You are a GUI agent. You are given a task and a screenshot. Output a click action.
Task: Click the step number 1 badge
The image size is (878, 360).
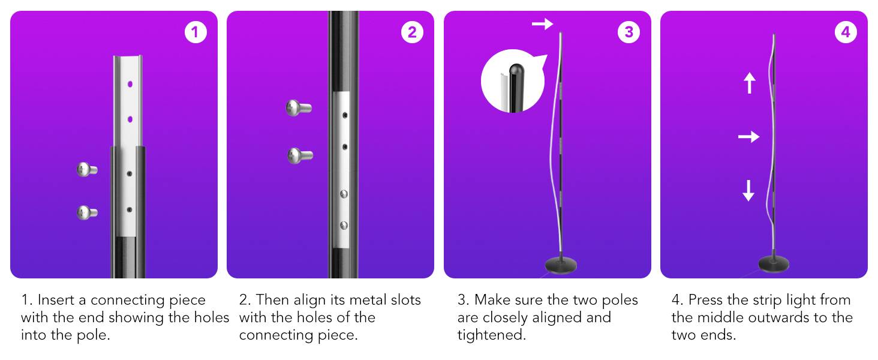(x=195, y=32)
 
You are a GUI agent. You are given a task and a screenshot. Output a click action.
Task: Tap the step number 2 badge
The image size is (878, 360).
(x=412, y=32)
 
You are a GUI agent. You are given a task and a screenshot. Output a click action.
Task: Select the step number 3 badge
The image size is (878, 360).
(x=629, y=32)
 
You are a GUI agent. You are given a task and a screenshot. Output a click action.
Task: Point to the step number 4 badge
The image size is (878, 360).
(x=846, y=32)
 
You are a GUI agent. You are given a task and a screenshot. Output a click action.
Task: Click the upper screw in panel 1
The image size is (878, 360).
(x=87, y=170)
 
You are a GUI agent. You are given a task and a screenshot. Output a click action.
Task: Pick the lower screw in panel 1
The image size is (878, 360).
(x=87, y=212)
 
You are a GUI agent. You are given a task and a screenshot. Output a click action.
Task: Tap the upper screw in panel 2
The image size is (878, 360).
(x=298, y=109)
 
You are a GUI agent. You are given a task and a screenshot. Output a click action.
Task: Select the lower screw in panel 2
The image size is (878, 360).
(x=299, y=155)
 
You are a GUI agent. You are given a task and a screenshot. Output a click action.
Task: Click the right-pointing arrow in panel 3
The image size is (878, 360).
(x=542, y=24)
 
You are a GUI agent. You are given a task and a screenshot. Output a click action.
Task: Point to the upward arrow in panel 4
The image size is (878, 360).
(x=749, y=83)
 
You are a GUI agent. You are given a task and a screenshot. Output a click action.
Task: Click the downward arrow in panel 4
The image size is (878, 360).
(x=748, y=190)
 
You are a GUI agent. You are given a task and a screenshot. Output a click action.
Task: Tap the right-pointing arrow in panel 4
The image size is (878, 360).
(x=748, y=137)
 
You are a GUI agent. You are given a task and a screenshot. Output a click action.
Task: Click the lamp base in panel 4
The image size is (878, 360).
(x=774, y=265)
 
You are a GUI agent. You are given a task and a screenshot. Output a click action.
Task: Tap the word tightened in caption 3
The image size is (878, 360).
(x=491, y=335)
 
